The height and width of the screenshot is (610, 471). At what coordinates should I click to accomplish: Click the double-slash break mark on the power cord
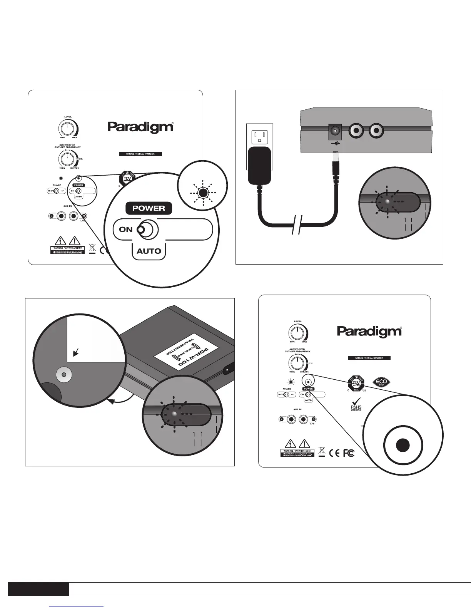296,225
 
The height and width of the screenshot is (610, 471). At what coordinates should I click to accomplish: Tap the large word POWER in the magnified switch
149,208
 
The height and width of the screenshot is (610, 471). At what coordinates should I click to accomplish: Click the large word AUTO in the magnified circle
149,251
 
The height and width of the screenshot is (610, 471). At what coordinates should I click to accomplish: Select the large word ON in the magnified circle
126,230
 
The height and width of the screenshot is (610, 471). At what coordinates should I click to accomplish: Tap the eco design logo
382,382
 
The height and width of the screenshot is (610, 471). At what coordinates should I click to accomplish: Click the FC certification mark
349,453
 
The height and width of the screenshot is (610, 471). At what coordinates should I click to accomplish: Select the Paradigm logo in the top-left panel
140,127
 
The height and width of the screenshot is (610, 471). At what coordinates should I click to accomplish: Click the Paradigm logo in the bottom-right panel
369,331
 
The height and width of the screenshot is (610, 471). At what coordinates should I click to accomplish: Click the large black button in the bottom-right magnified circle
403,445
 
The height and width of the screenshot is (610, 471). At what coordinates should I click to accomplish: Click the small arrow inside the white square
76,352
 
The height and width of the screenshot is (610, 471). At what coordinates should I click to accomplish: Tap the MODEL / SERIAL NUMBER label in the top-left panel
140,154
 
